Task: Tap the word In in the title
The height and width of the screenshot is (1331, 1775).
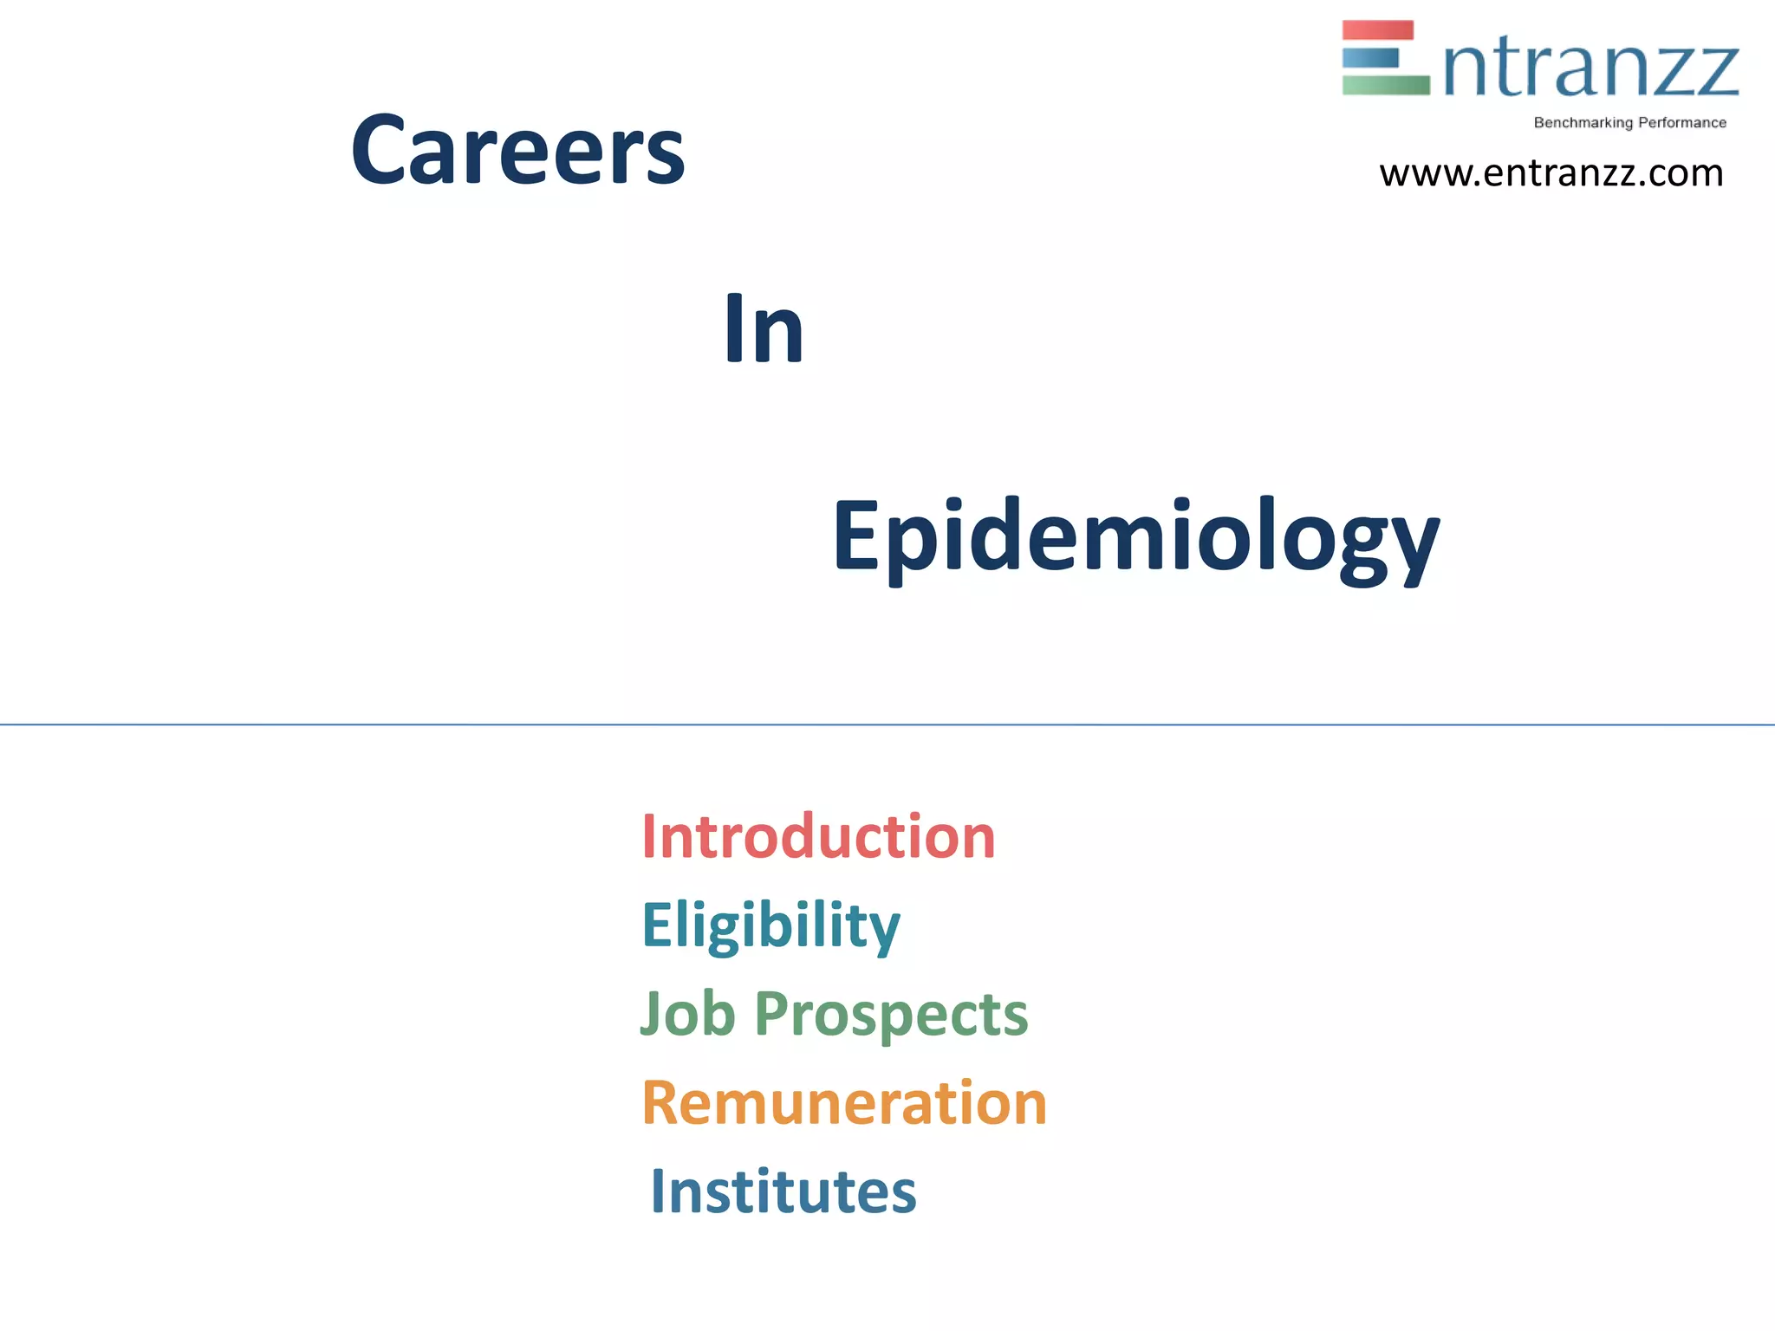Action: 764,329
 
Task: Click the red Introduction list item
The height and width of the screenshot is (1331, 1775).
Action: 818,837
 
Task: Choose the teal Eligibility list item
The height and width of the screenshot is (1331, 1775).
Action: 770,925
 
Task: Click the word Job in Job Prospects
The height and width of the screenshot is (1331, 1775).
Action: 687,1013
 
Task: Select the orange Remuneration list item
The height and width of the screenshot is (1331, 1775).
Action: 844,1103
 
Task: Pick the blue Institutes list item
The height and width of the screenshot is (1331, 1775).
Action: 783,1191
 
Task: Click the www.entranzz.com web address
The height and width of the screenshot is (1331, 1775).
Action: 1551,173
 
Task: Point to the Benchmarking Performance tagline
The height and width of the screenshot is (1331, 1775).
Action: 1629,123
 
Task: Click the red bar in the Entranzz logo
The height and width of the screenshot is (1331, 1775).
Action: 1377,30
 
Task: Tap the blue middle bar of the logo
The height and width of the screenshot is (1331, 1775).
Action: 1370,58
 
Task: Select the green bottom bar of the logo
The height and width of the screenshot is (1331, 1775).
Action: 1385,85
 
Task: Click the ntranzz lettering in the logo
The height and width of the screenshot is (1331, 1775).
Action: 1590,69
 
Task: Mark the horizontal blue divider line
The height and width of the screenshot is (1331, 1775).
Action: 887,724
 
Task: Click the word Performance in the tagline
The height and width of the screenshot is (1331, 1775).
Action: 1681,123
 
